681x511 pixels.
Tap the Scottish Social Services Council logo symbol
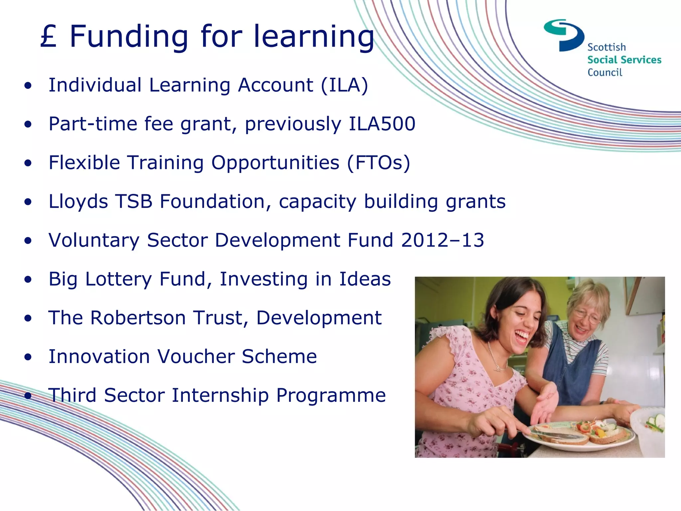pos(565,35)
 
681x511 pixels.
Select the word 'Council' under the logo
pos(605,72)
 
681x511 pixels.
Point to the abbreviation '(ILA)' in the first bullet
pos(344,85)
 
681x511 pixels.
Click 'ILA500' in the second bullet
pos(382,124)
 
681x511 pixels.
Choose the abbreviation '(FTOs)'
pos(378,163)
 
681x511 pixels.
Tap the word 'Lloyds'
pos(78,202)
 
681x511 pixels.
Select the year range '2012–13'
pos(443,240)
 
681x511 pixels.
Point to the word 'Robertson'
pos(138,318)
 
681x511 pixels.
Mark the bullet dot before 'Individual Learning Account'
pos(28,86)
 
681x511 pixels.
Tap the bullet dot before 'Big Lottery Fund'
pos(28,280)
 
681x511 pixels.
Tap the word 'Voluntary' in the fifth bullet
pos(94,240)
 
